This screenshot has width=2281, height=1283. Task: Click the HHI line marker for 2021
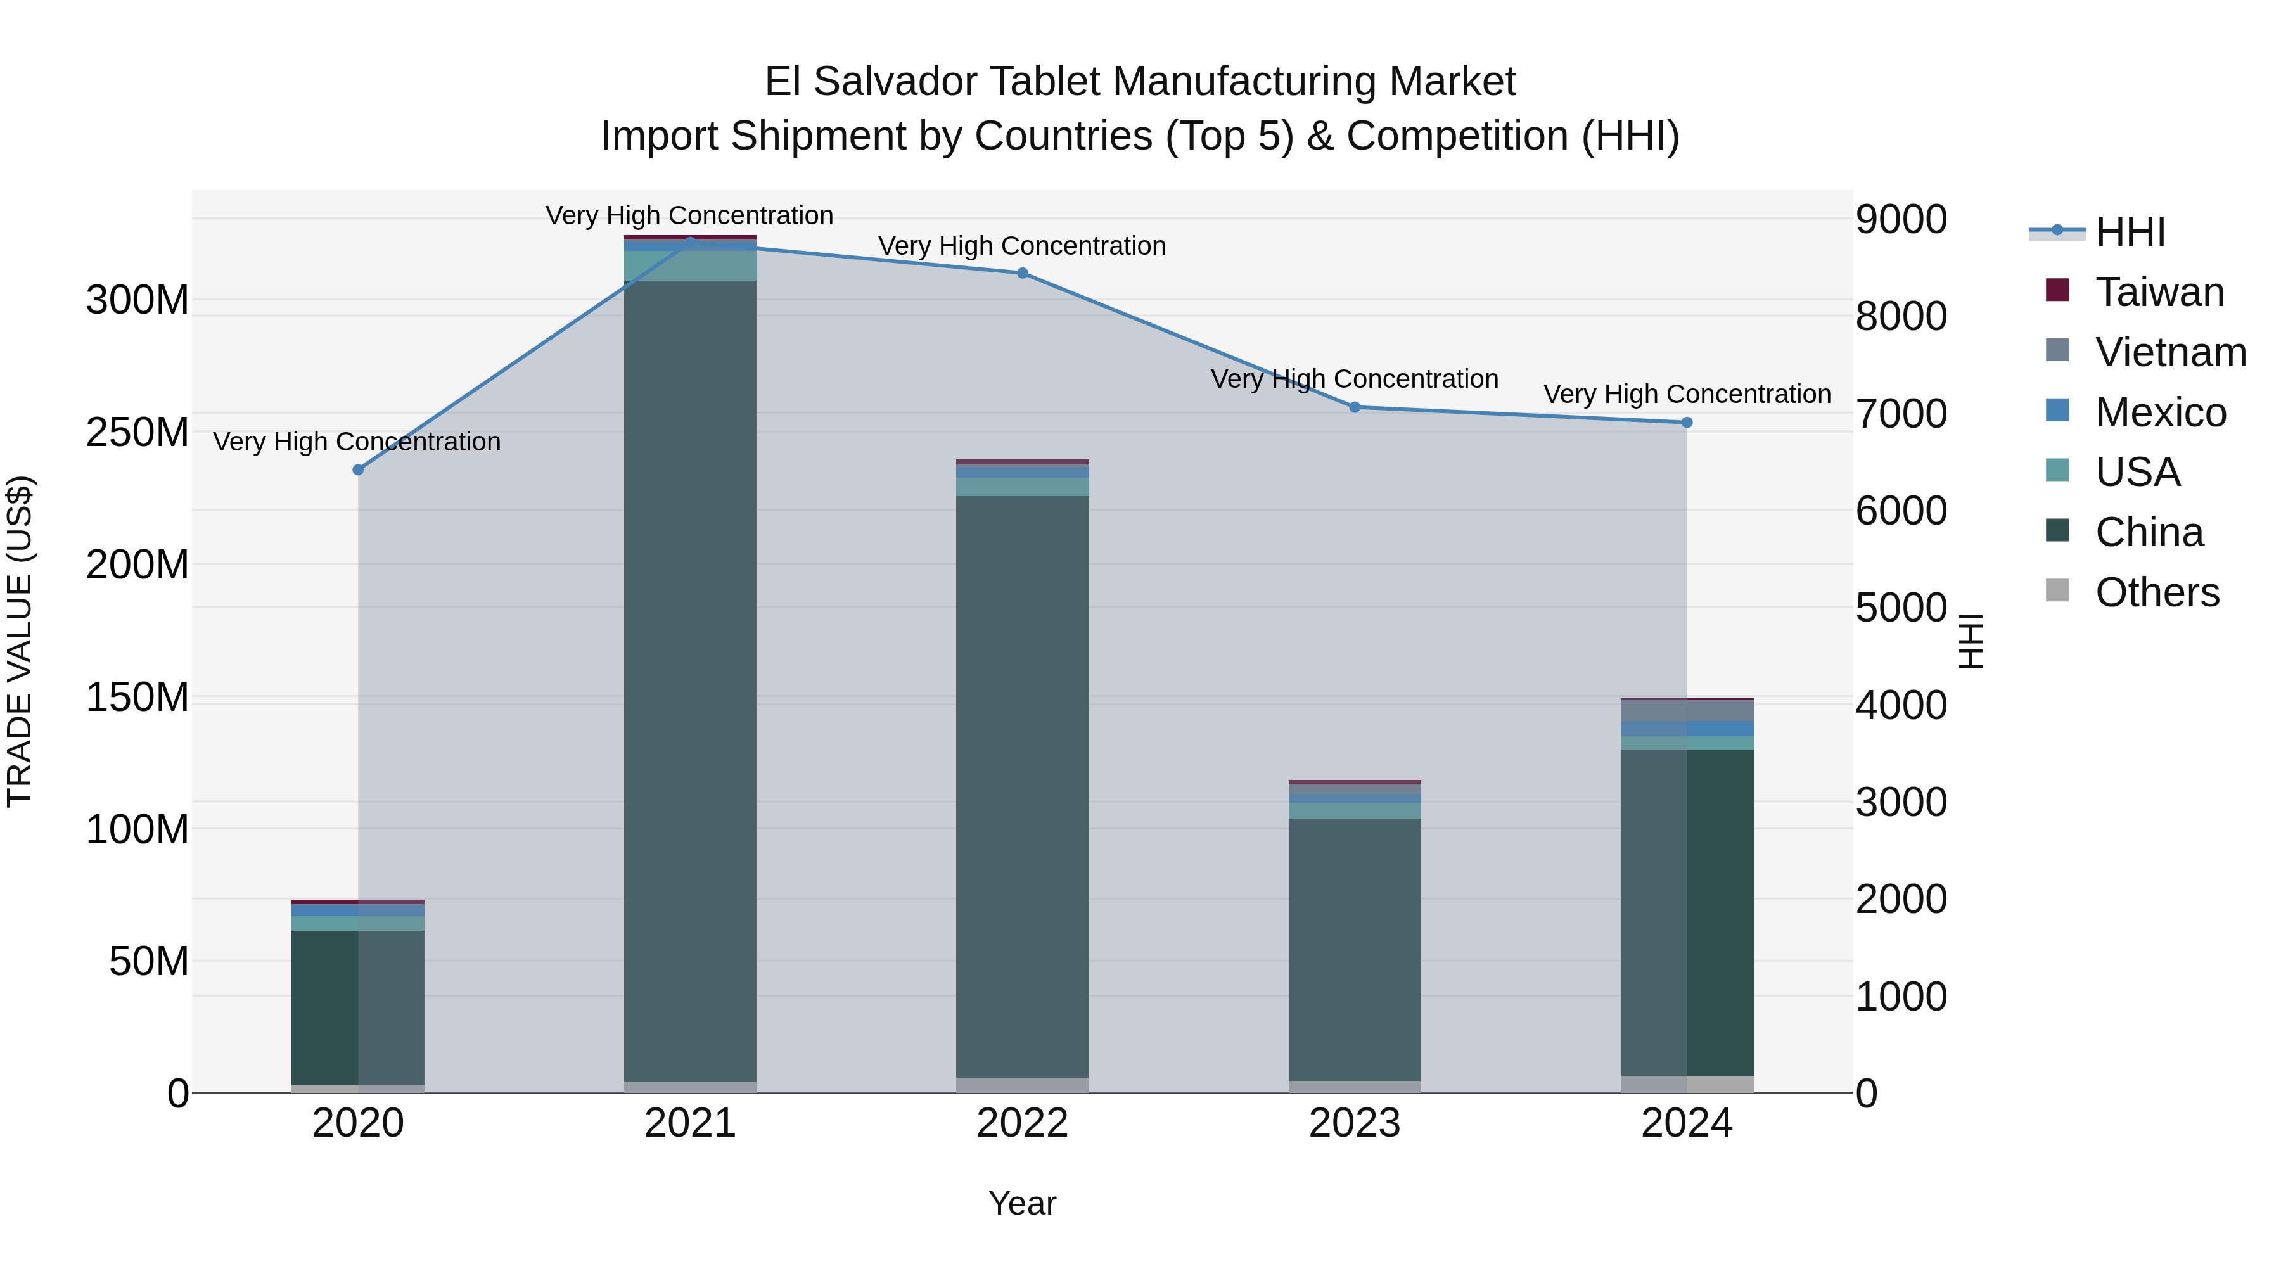pyautogui.click(x=690, y=242)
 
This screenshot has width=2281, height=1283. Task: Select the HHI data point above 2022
pyautogui.click(x=1022, y=272)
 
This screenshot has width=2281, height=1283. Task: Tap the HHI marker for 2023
pyautogui.click(x=1354, y=407)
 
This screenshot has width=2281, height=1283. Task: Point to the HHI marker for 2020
pyautogui.click(x=358, y=469)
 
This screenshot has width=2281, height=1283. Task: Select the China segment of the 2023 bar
pyautogui.click(x=1354, y=947)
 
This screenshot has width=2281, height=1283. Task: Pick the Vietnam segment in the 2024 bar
pyautogui.click(x=1686, y=710)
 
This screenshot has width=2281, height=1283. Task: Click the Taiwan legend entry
pyautogui.click(x=2159, y=292)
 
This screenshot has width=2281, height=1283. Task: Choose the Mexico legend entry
pyautogui.click(x=2160, y=412)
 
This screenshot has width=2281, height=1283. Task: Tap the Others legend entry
pyautogui.click(x=2156, y=592)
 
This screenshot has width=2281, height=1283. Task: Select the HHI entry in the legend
pyautogui.click(x=2130, y=232)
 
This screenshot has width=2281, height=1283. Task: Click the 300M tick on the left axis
pyautogui.click(x=137, y=300)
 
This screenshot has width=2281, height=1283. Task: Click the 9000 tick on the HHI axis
pyautogui.click(x=1900, y=220)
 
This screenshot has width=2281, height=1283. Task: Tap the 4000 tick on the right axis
pyautogui.click(x=1900, y=706)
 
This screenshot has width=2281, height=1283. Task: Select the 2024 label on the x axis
pyautogui.click(x=1686, y=1123)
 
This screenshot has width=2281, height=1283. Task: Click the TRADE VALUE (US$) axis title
pyautogui.click(x=20, y=641)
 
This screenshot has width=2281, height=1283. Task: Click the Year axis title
pyautogui.click(x=1022, y=1203)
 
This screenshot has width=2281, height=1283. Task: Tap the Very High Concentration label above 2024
pyautogui.click(x=1686, y=394)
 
